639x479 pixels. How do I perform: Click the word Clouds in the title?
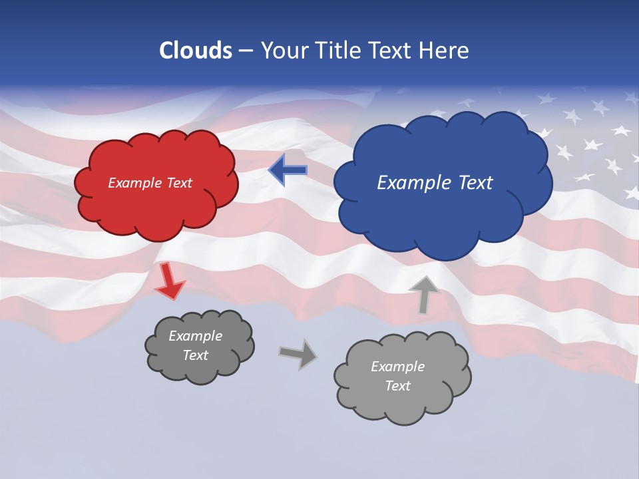click(196, 51)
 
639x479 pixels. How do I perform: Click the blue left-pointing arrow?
click(288, 170)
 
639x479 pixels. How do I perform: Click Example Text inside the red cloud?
click(150, 183)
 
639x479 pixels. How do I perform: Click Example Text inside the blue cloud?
click(435, 183)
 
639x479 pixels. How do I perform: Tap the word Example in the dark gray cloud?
click(195, 336)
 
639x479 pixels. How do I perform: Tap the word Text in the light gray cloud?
click(397, 386)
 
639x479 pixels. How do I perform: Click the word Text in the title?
click(389, 51)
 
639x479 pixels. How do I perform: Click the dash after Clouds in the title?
click(244, 51)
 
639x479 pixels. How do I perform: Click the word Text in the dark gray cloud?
click(195, 355)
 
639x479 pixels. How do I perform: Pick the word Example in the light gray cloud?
click(397, 367)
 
